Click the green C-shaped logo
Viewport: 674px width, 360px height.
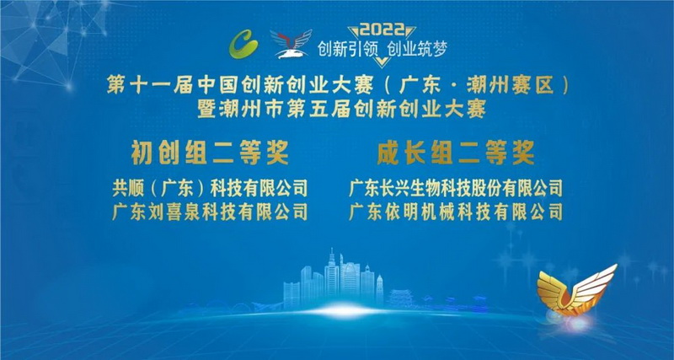coord(243,44)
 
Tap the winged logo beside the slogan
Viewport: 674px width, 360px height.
coord(291,44)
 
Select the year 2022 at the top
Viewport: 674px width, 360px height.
coord(382,30)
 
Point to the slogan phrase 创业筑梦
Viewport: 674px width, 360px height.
coord(417,50)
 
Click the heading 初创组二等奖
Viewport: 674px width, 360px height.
coord(210,153)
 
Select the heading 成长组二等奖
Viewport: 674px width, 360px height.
coord(456,153)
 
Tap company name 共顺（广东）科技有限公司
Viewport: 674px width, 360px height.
coord(210,188)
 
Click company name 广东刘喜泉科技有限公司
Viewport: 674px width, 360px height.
coord(210,212)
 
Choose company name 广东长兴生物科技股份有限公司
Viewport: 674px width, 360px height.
coord(456,188)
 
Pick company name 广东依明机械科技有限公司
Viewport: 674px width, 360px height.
coord(456,212)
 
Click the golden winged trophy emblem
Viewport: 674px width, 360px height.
coord(575,291)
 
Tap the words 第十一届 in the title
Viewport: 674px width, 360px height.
coord(145,87)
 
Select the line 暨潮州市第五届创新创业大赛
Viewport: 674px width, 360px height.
coord(342,110)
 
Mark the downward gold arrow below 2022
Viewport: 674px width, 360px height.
coord(382,62)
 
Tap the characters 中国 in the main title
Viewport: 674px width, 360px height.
coord(218,87)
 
